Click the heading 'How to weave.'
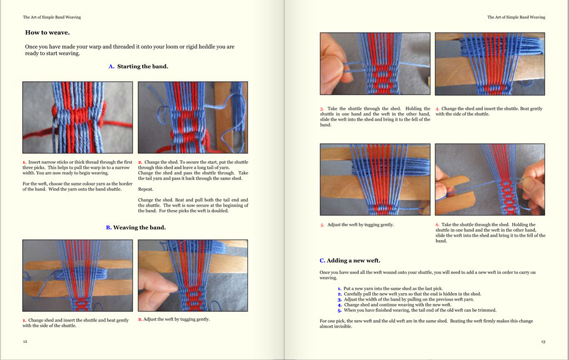[x=47, y=33]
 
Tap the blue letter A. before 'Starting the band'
[x=111, y=67]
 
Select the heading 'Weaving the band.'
[x=139, y=227]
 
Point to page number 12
[x=25, y=342]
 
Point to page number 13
[x=543, y=342]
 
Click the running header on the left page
[x=52, y=17]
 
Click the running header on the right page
[x=516, y=17]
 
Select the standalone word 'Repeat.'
[x=146, y=189]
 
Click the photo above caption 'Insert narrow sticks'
[x=77, y=117]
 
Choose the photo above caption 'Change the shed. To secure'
[x=192, y=117]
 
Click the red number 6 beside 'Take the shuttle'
[x=437, y=225]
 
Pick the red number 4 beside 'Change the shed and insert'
[x=437, y=109]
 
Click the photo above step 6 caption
[x=490, y=179]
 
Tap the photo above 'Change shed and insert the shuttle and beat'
[x=77, y=275]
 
